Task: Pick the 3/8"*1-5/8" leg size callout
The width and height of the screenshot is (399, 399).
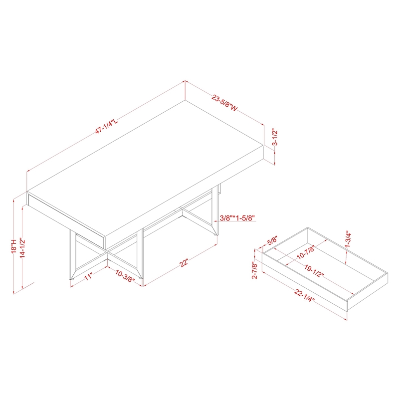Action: point(237,218)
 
